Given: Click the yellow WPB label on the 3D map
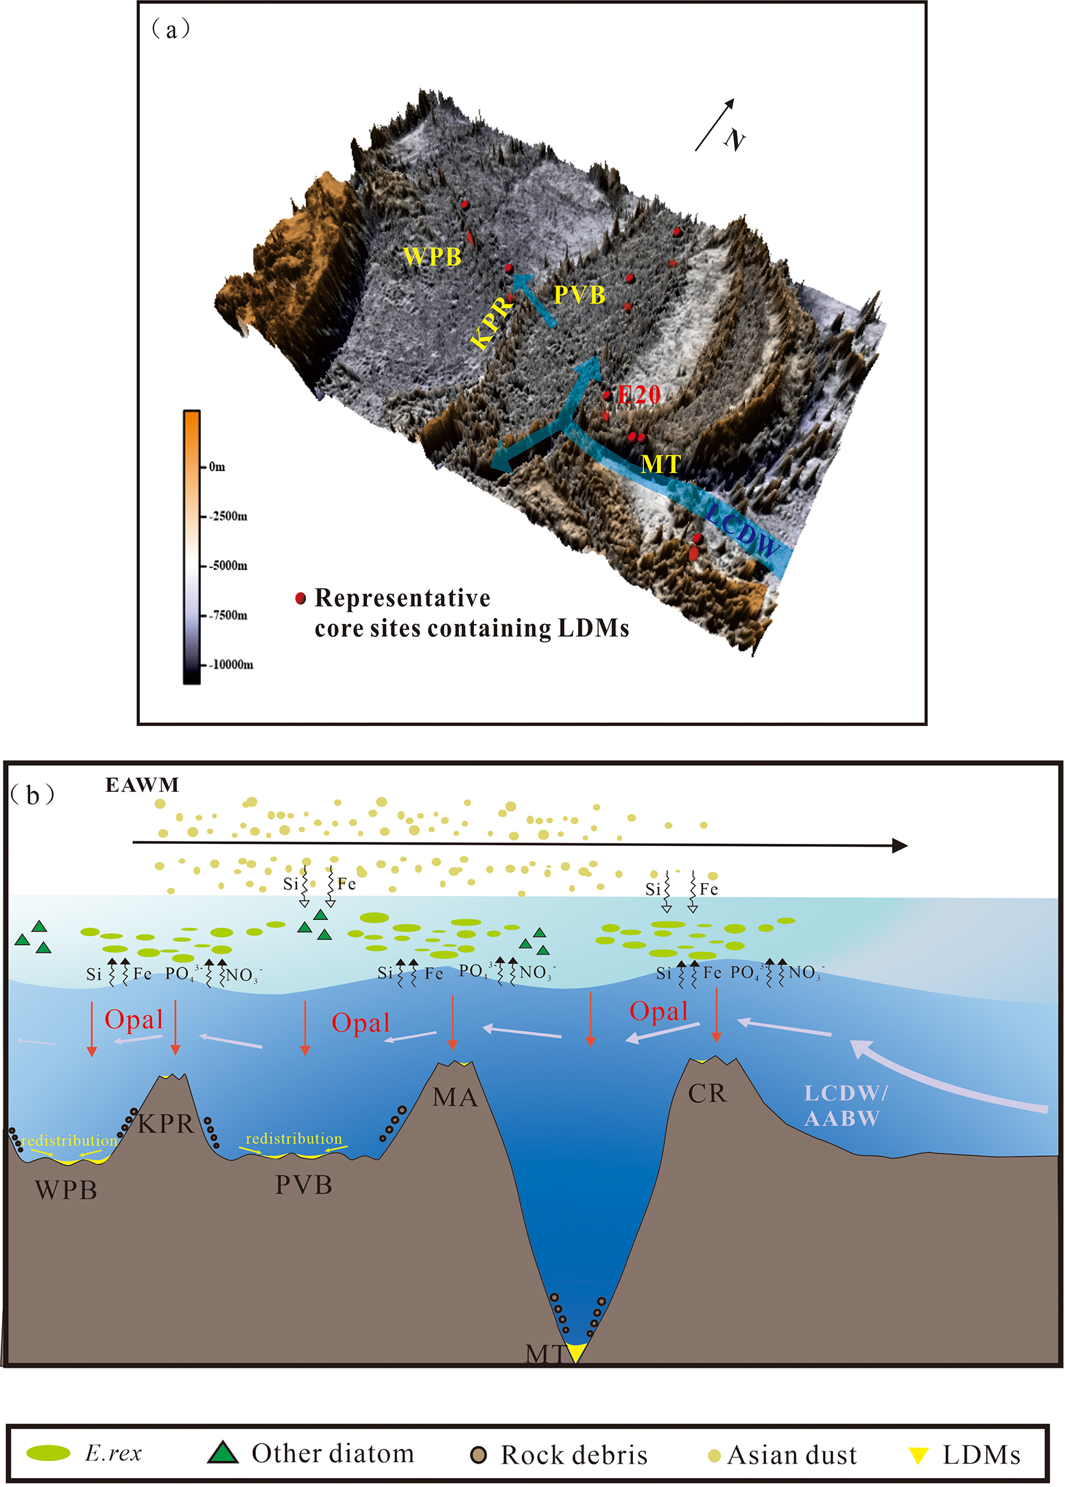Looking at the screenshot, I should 432,256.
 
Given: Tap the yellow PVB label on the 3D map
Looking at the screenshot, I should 579,295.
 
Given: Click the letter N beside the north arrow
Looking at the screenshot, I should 734,140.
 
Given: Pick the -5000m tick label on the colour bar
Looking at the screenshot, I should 228,566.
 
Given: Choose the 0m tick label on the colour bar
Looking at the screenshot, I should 217,467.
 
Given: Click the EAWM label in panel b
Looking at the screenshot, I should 142,785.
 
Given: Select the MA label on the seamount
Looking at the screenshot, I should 455,1098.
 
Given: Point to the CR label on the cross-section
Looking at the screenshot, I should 706,1093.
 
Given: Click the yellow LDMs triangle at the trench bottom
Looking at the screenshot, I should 576,1351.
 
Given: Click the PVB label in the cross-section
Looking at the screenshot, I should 304,1185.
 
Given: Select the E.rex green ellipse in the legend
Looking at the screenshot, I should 49,1453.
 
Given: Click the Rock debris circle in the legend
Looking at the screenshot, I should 479,1454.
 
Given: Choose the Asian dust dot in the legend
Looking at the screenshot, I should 714,1455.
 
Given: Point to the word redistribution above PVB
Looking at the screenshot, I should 294,1139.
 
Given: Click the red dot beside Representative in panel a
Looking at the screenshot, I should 300,599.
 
